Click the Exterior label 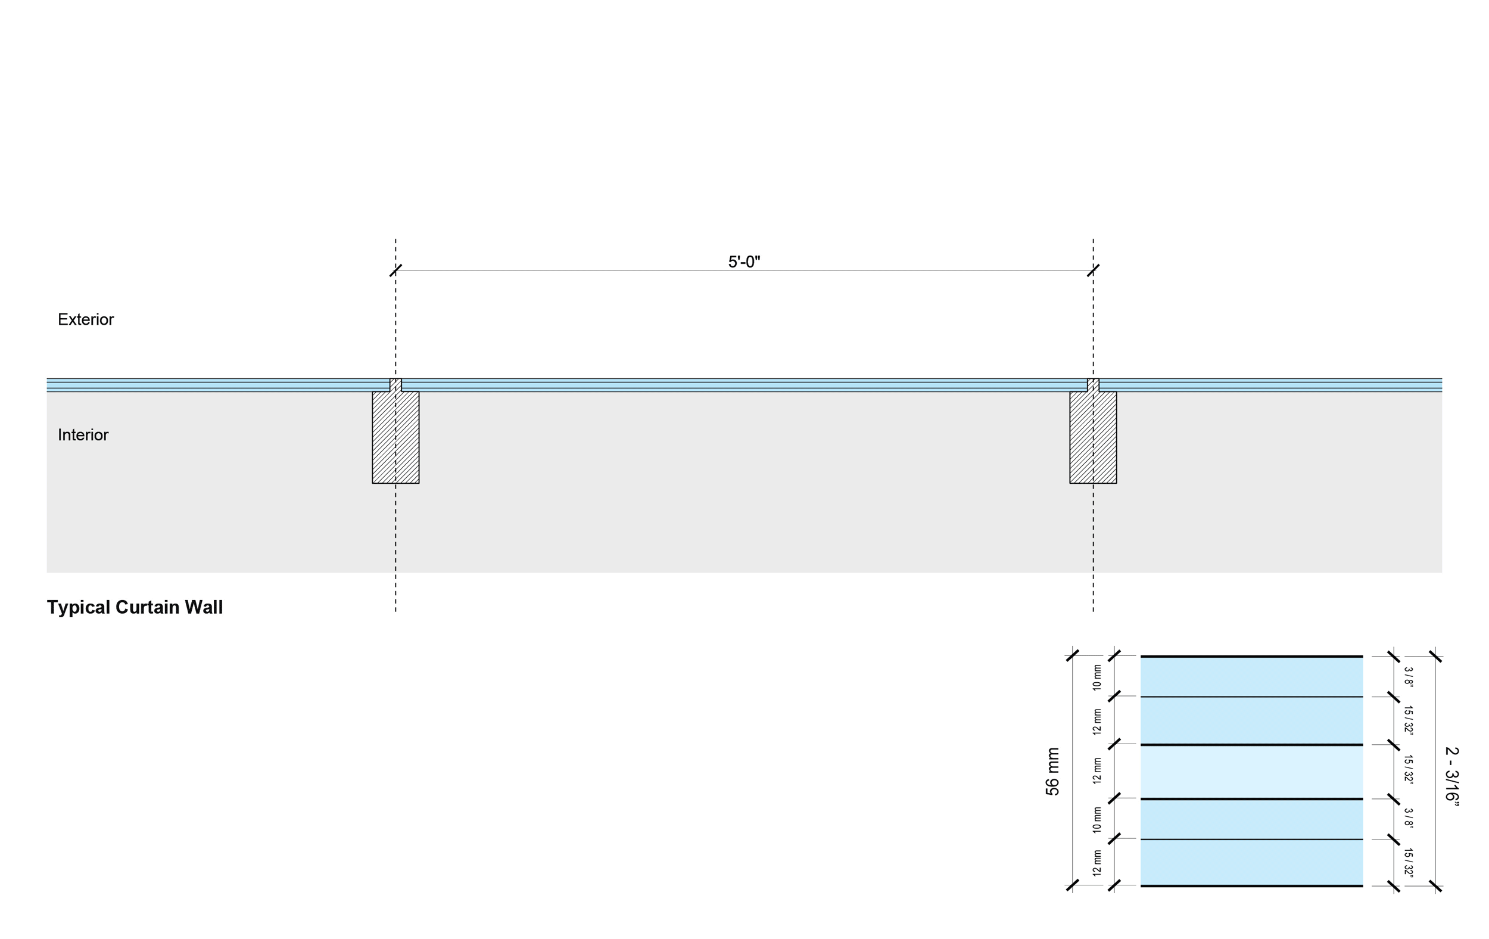pos(85,319)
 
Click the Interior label pos(83,435)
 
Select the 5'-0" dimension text pos(744,262)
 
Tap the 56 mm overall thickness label pos(1052,772)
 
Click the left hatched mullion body pos(395,437)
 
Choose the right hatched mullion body pos(1094,437)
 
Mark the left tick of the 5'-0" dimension pos(395,270)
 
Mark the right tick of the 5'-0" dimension pos(1094,270)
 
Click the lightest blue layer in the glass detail pos(1251,772)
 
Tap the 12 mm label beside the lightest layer pos(1098,771)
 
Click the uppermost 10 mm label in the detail pos(1098,677)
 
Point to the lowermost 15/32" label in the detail pos(1408,863)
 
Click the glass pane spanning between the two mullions pos(744,385)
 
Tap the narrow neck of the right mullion pos(1094,385)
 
